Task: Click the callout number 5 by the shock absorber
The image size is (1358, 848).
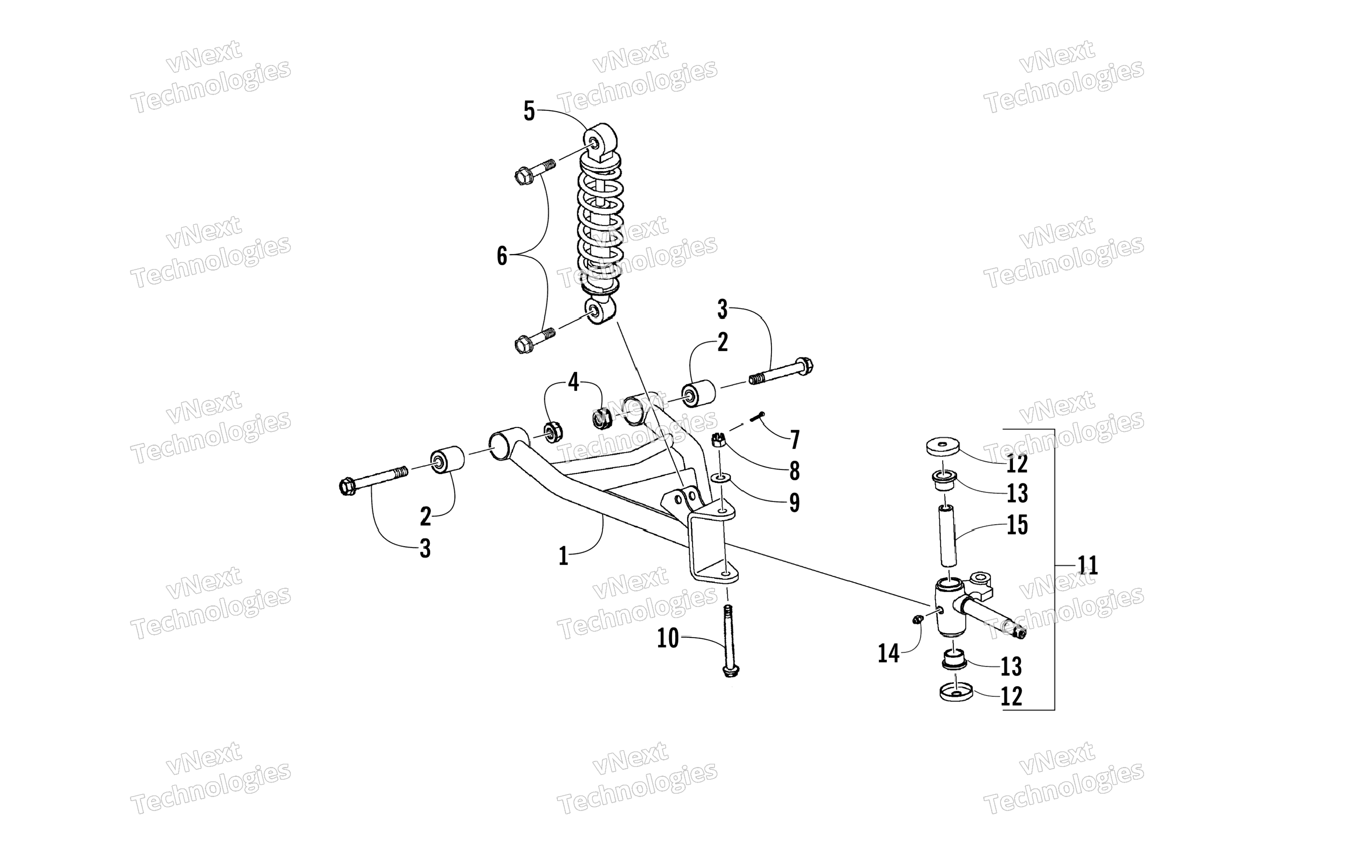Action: coord(529,111)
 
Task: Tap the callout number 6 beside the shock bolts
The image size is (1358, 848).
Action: coord(502,256)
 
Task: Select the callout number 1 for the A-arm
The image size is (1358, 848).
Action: coord(564,556)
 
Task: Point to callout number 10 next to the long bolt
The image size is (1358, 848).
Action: coord(668,638)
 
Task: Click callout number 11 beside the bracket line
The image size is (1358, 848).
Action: coord(1087,565)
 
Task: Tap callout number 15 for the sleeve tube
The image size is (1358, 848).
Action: coord(1017,526)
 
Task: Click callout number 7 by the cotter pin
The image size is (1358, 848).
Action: coord(794,440)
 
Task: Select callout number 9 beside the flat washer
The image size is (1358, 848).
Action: coord(794,503)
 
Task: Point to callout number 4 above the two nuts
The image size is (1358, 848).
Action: coord(573,382)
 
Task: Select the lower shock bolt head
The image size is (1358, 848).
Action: coord(523,343)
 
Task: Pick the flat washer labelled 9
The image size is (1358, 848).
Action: coord(720,477)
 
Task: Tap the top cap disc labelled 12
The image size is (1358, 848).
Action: coord(942,447)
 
